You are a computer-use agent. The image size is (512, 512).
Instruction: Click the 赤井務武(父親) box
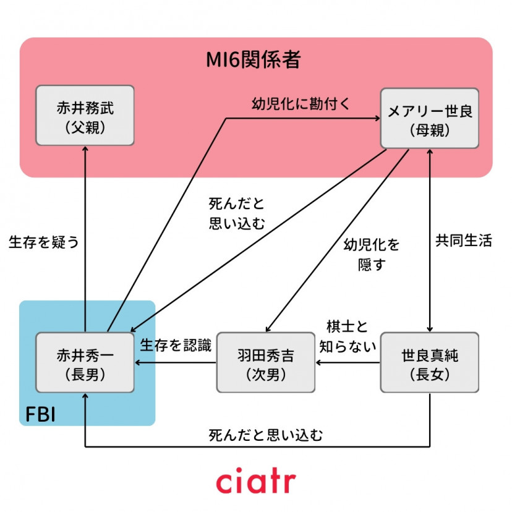85,116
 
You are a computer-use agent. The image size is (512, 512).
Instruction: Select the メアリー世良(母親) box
429,117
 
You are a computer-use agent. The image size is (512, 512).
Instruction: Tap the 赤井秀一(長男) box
85,362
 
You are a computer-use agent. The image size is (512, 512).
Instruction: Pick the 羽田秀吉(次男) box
266,362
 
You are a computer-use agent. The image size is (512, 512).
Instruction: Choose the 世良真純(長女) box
429,362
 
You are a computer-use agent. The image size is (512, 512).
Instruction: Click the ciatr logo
255,482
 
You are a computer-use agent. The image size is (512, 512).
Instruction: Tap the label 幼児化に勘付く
301,103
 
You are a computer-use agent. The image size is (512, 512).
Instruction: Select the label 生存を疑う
44,242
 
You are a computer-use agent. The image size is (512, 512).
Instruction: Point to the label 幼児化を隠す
372,255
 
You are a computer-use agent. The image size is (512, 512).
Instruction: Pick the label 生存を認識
176,346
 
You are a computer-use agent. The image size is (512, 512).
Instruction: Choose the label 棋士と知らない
347,336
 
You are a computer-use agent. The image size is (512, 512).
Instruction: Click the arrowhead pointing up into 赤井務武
85,151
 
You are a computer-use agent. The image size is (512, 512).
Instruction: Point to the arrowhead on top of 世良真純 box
429,328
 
